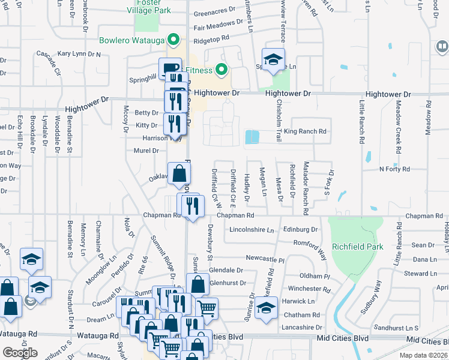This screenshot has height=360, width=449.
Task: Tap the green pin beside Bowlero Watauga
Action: [174, 40]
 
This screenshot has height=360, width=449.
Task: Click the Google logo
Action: [20, 353]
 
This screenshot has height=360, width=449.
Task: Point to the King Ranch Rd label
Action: [305, 131]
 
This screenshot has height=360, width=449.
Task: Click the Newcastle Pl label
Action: [264, 259]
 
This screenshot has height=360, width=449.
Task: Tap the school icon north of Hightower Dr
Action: [273, 59]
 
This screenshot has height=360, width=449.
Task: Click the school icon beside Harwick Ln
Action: [266, 308]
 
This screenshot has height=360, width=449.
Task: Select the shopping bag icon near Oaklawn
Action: [179, 173]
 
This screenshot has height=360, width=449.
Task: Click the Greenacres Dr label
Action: [215, 10]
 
